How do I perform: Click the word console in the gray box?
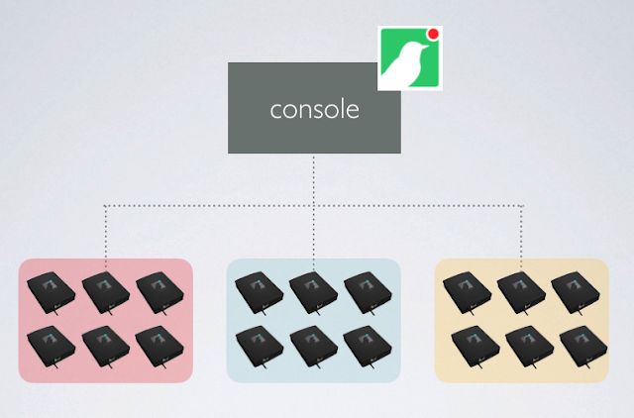[x=314, y=109]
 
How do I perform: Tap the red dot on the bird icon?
[x=433, y=35]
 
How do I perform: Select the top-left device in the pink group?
[x=52, y=291]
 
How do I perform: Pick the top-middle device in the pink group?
[x=106, y=291]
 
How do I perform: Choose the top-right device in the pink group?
[x=159, y=291]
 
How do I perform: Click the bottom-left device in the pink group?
[x=52, y=344]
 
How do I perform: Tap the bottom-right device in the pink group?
[x=159, y=344]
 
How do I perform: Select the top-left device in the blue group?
[x=260, y=291]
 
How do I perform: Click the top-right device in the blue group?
[x=368, y=291]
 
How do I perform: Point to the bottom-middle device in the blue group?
[x=314, y=344]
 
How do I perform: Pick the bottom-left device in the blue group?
[x=260, y=344]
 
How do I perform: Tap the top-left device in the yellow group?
[x=468, y=291]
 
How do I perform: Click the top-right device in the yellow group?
[x=576, y=291]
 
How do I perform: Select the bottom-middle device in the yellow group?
[x=522, y=344]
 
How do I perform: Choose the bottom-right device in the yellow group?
[x=576, y=344]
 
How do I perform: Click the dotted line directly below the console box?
[x=314, y=178]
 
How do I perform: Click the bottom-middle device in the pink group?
[x=106, y=344]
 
